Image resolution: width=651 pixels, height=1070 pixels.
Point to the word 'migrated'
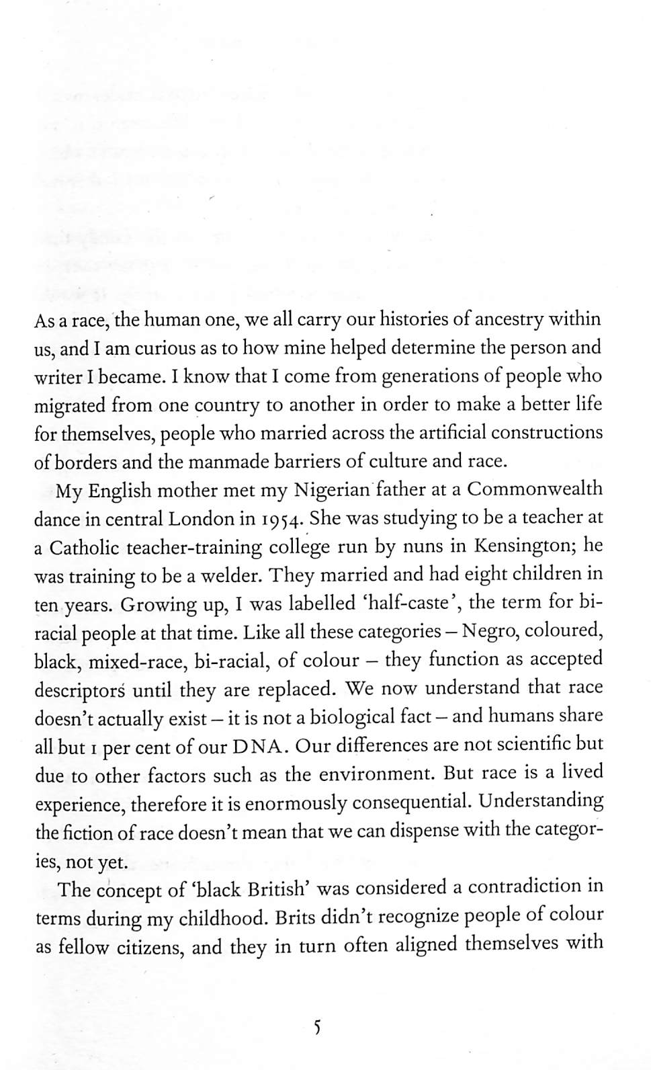[69, 407]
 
